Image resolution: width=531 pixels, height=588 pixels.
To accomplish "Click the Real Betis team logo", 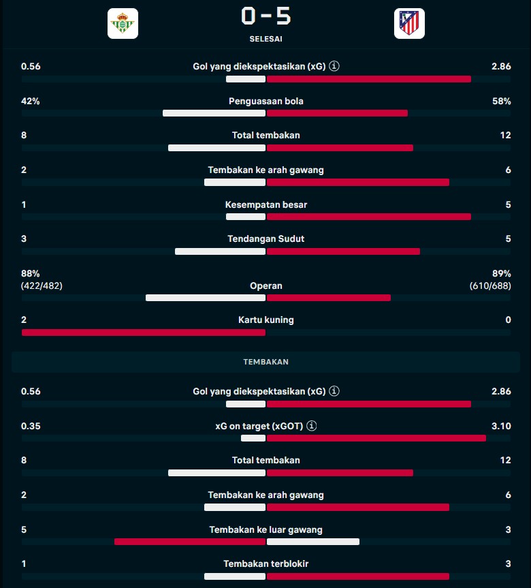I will pos(123,24).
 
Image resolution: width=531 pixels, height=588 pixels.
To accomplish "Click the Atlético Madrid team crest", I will pos(408,24).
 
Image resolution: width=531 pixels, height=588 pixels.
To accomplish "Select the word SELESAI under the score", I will pos(265,39).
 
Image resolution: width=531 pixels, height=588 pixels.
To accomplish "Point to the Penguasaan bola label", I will pos(265,102).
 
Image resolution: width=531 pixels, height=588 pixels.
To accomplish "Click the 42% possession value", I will pos(31,102).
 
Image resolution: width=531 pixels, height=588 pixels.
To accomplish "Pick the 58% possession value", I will pos(501,102).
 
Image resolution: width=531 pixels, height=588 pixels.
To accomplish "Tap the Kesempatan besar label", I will pos(265,204).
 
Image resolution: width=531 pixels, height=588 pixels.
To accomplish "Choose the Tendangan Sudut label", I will pos(265,239).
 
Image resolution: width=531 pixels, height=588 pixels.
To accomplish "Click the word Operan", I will pos(265,286).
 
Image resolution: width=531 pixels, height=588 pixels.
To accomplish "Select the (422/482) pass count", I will pos(42,286).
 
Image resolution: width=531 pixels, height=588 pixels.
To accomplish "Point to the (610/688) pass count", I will pos(489,286).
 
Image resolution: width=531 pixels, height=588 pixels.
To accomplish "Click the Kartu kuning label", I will pos(265,320).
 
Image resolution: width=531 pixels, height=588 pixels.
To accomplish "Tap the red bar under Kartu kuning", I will pos(143,332).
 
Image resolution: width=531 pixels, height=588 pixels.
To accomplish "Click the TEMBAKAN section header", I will pos(265,362).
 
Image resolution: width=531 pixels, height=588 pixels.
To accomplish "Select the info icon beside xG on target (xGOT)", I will pos(312,426).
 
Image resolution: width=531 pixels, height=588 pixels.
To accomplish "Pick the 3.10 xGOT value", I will pos(501,426).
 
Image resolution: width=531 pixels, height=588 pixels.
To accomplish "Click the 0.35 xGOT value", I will pos(31,426).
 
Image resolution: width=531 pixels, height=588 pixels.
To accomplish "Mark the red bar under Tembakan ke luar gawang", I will pos(189,542).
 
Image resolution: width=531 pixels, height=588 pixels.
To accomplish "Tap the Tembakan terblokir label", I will pos(265,564).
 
